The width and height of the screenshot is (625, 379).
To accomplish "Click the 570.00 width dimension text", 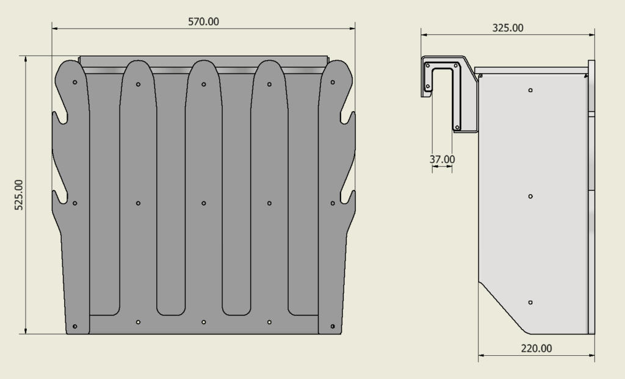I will click(x=203, y=21).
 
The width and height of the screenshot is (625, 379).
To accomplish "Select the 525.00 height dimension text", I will click(x=19, y=195).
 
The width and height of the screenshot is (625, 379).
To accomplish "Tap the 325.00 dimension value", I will click(x=508, y=27).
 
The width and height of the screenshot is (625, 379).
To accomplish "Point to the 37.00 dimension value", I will click(x=442, y=159).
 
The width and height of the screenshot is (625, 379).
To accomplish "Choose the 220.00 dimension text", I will click(x=536, y=348).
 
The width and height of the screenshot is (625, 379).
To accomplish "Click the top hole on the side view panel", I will click(x=530, y=90).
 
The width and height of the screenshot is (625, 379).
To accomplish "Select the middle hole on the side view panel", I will click(x=530, y=197).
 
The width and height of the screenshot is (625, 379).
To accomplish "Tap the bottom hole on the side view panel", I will click(x=530, y=303).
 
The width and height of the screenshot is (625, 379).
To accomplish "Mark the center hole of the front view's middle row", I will click(x=203, y=203).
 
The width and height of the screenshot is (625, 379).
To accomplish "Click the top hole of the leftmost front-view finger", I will click(x=74, y=82).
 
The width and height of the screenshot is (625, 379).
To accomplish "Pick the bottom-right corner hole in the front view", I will click(x=333, y=327).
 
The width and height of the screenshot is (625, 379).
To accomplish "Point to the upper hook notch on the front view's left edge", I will click(x=60, y=117).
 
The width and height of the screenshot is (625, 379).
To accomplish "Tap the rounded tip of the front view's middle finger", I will click(x=203, y=63).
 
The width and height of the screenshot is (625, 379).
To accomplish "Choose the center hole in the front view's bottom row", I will click(x=203, y=322).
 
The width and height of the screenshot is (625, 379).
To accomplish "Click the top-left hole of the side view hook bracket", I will click(x=428, y=65).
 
